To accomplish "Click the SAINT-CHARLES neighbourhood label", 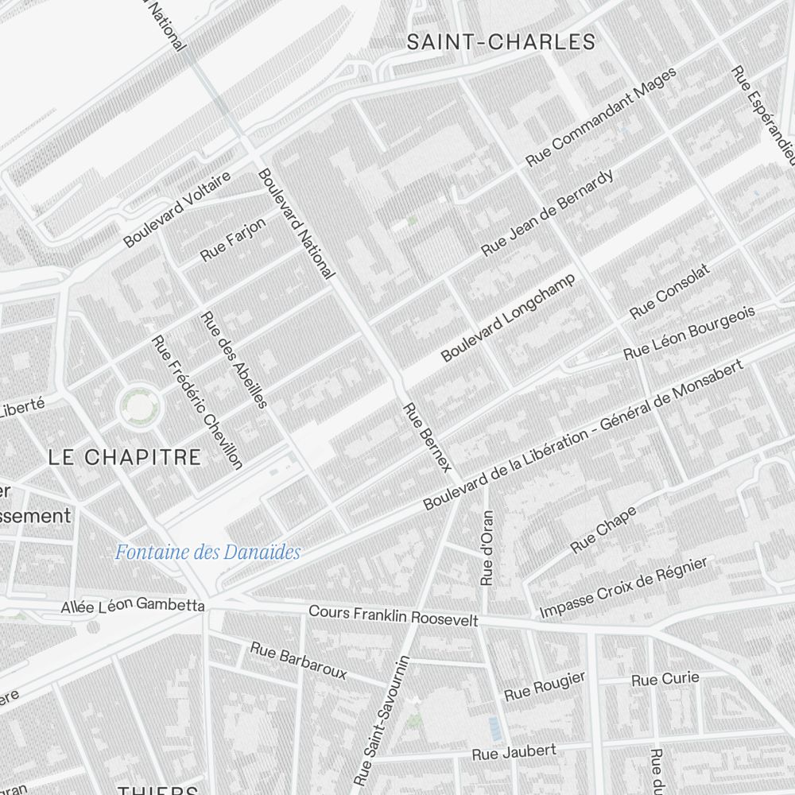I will tap(501, 42).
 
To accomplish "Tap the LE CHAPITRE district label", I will tap(124, 457).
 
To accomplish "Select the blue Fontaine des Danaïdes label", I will tap(207, 552).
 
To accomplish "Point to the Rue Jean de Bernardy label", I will tap(548, 212).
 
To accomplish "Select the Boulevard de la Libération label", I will tap(584, 434).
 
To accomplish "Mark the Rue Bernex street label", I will tap(427, 436).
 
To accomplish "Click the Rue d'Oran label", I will tap(487, 548).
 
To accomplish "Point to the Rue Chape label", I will tap(604, 530).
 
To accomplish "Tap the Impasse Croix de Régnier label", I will tap(623, 588).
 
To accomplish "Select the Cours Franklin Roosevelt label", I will tap(393, 615).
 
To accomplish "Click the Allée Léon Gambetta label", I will tap(133, 605).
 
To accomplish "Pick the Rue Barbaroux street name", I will tap(298, 660).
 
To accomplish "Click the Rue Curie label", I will tap(665, 679).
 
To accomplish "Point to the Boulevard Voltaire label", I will tap(176, 208).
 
